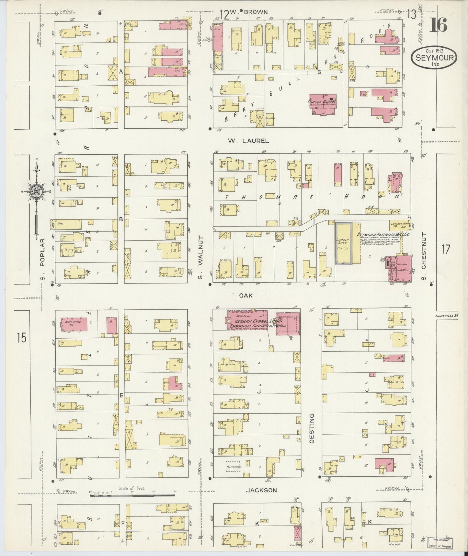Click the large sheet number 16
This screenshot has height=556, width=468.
439,25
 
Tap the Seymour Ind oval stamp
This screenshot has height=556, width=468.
434,57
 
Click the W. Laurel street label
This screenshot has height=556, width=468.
248,141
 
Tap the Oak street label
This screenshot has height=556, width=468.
246,296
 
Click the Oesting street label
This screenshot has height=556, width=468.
312,430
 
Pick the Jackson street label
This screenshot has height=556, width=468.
262,490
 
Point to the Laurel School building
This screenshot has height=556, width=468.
323,104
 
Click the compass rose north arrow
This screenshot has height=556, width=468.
38,191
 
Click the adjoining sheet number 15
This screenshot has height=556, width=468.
22,338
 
